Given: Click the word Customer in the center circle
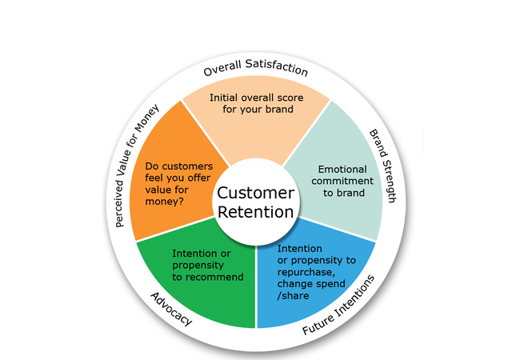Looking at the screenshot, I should [x=256, y=193].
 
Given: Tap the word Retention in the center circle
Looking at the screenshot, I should [x=256, y=212].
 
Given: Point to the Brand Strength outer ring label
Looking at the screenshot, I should [x=382, y=166].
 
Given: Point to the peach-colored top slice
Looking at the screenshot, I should [x=256, y=128].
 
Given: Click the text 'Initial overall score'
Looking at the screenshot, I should [x=255, y=97].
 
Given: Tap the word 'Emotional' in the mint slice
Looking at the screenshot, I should [x=343, y=170].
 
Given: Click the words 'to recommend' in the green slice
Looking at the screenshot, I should [x=208, y=277].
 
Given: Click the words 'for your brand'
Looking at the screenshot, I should [x=255, y=110].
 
